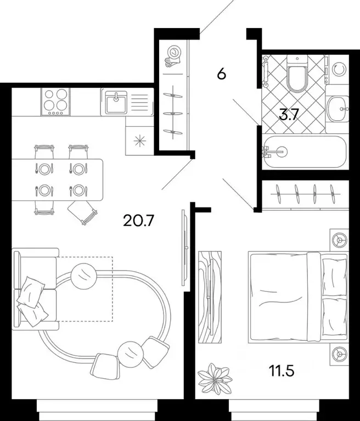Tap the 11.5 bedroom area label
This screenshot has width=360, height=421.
(282, 371)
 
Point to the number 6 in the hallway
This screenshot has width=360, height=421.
(221, 74)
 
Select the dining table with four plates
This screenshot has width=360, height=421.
(57, 179)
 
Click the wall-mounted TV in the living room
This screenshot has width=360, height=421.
(185, 248)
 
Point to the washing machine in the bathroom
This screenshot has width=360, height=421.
(338, 69)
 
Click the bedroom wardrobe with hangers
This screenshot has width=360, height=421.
(305, 194)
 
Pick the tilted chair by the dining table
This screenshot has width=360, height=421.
(82, 211)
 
